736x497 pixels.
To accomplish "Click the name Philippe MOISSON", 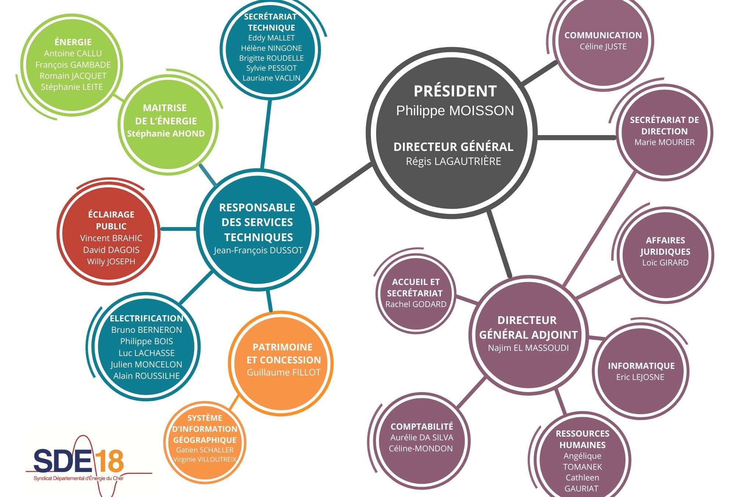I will point(455,111).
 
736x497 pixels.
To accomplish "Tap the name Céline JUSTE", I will point(603,47).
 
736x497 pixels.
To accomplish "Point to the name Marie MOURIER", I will point(664,142).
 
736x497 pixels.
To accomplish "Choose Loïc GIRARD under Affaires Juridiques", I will point(665,263).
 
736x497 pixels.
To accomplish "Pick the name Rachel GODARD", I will point(416,304).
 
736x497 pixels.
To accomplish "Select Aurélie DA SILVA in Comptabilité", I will point(422,438).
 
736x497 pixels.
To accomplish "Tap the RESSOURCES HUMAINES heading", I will point(582,439).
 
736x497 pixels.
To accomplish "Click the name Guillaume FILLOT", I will point(283,373).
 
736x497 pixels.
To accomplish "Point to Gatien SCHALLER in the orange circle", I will point(205,450).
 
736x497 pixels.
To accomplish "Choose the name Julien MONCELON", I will point(146,364).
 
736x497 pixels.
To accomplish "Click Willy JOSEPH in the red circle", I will point(111,262).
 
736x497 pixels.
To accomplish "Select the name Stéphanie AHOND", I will point(166,134).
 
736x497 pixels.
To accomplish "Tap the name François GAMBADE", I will point(73,65).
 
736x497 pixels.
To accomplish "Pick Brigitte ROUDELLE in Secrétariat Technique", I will point(271,58).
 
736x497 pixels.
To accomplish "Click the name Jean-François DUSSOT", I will point(258,250).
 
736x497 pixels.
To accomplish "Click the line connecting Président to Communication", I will point(539,73).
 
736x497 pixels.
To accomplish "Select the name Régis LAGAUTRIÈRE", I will point(453,162).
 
